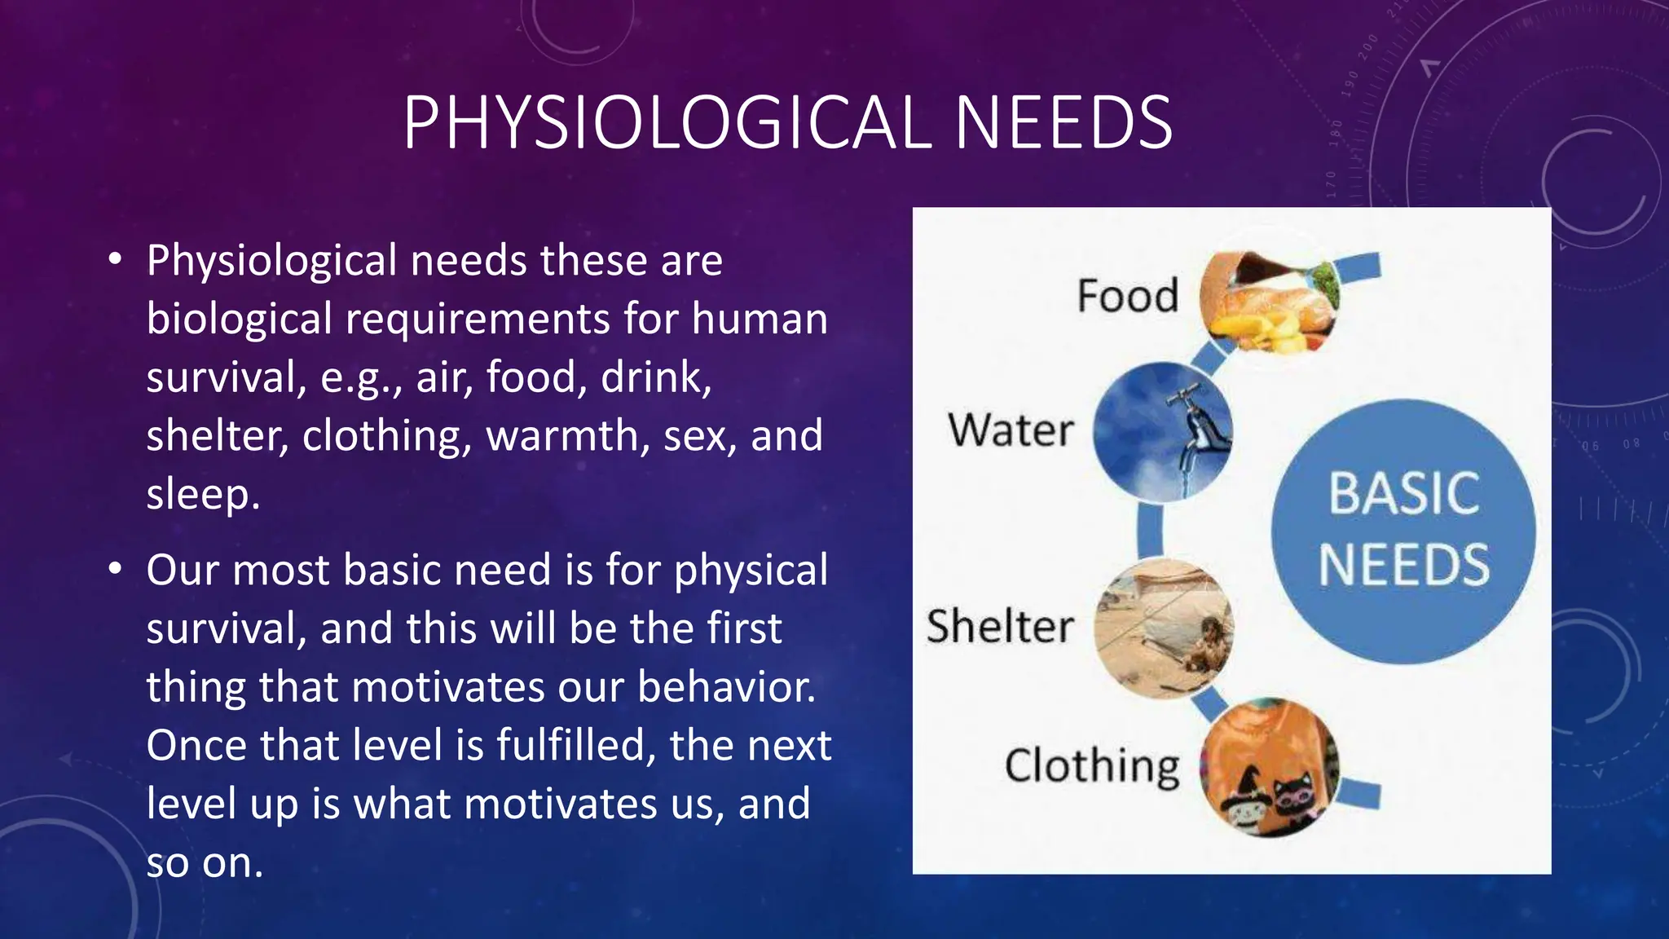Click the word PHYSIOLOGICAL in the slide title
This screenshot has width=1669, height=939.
click(x=667, y=123)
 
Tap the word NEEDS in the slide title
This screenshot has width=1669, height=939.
click(x=1063, y=123)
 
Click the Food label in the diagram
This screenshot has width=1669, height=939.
click(x=1128, y=295)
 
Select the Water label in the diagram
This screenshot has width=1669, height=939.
click(x=1011, y=430)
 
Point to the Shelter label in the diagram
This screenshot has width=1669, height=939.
click(x=1000, y=626)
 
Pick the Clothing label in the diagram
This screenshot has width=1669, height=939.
click(x=1092, y=766)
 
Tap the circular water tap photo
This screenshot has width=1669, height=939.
click(x=1162, y=431)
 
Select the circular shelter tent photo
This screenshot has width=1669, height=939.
click(x=1164, y=628)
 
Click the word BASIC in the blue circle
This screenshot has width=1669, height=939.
click(x=1404, y=493)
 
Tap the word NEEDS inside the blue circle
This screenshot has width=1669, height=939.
click(x=1404, y=565)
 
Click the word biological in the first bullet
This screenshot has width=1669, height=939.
click(x=239, y=319)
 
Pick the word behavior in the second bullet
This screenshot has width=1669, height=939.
click(x=725, y=686)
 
